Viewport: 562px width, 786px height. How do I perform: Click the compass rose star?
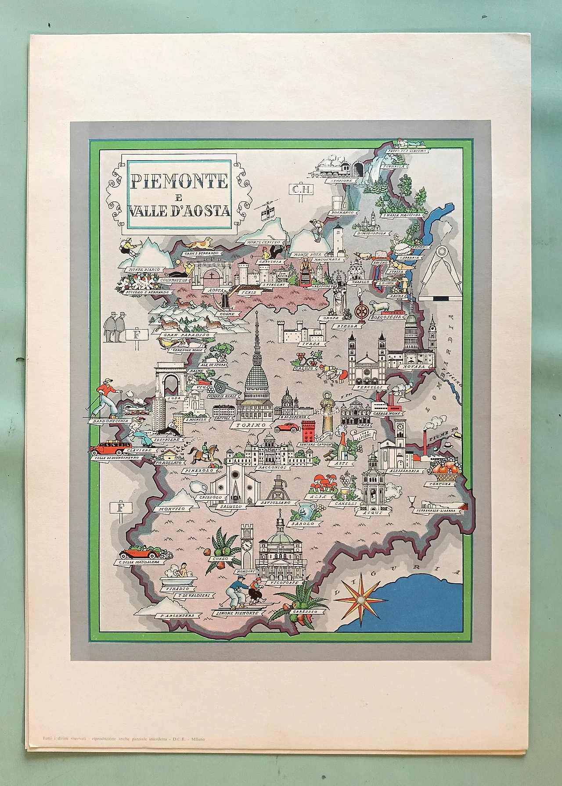[x=361, y=599]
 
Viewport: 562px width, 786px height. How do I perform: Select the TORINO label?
[x=251, y=425]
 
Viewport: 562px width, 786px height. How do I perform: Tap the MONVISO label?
[x=172, y=508]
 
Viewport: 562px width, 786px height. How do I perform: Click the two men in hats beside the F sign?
[x=113, y=327]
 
